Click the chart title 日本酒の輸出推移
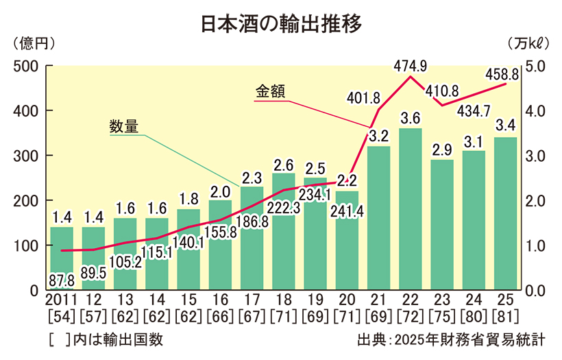tap(280, 23)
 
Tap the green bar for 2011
tap(62, 261)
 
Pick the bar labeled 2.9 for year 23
tap(441, 226)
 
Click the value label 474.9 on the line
tap(411, 66)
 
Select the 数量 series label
tap(124, 126)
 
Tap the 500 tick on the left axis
tap(26, 67)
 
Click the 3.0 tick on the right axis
tap(535, 156)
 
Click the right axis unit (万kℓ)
tap(528, 43)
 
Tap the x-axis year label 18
tap(284, 300)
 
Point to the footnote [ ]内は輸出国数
tap(106, 339)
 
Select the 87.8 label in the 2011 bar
tap(62, 280)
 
